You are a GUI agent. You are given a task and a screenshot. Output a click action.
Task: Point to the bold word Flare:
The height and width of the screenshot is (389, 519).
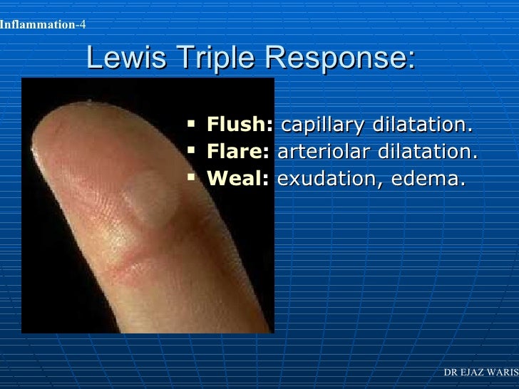237,152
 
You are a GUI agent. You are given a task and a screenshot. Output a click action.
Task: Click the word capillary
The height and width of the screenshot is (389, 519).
321,126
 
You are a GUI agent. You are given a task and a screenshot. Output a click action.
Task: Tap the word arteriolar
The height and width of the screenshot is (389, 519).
318,152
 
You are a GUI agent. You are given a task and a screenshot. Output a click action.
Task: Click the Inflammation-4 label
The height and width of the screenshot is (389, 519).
43,26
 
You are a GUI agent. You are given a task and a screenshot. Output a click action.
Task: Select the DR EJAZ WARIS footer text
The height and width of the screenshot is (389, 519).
481,373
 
